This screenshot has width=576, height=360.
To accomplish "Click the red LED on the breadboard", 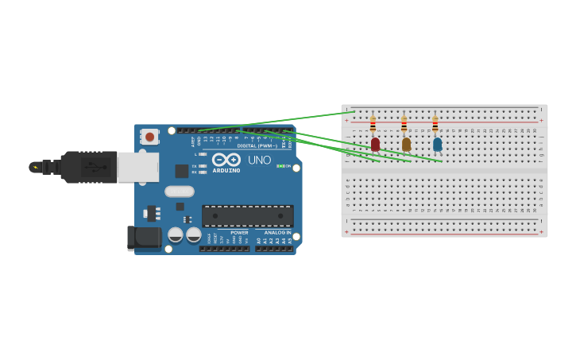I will (x=375, y=144).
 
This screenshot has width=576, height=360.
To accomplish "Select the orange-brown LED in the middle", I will (x=406, y=144).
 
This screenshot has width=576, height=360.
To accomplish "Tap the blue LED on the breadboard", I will (x=437, y=144).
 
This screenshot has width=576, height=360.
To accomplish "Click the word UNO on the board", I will (x=259, y=160).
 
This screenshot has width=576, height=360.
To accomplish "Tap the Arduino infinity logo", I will (x=226, y=159).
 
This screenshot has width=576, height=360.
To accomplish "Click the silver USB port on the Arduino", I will (x=137, y=167).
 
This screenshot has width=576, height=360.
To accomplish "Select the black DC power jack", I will (x=144, y=238).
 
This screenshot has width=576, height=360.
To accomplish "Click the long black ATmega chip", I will (x=247, y=215).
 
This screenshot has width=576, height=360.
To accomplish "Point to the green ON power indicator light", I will (x=279, y=166).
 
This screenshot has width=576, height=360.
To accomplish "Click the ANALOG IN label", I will (x=277, y=233).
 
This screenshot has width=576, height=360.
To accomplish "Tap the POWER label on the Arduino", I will (x=239, y=233).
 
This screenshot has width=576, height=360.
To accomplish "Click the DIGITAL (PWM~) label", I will (x=257, y=146).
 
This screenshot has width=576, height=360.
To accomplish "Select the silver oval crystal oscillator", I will (x=180, y=191).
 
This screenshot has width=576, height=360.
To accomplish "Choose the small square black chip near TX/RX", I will (x=182, y=171).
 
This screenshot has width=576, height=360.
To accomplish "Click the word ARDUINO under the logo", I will (x=226, y=170).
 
